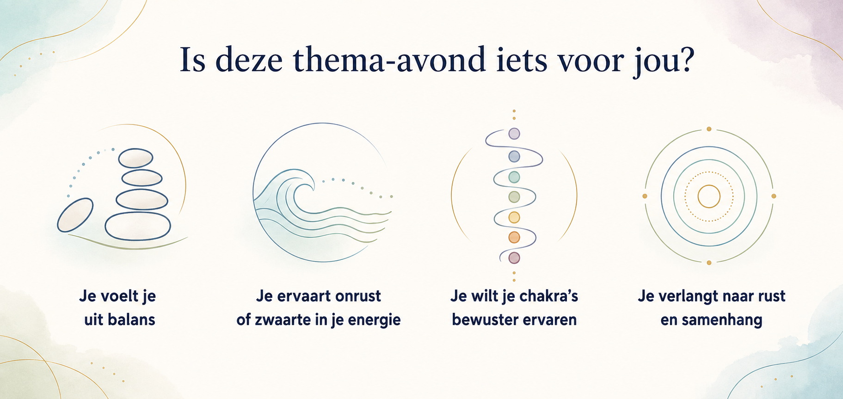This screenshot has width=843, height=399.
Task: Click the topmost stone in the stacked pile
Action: pos(135,158)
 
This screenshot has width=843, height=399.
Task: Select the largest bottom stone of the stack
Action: pos(138,226)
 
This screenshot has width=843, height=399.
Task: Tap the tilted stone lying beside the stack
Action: pos(75,215)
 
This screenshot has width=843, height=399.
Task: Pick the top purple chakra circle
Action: pos(514,134)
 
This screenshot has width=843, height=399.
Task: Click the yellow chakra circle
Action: pos(514,217)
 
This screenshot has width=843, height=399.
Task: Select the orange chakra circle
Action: pos(514,238)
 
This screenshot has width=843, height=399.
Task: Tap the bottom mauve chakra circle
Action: pos(514,258)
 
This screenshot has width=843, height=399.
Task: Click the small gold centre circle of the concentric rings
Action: pos(709,196)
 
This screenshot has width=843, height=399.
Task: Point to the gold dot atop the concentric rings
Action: pos(709,129)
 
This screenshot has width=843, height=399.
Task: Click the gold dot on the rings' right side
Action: pos(774,196)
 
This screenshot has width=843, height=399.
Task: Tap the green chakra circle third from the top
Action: pos(514,177)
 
